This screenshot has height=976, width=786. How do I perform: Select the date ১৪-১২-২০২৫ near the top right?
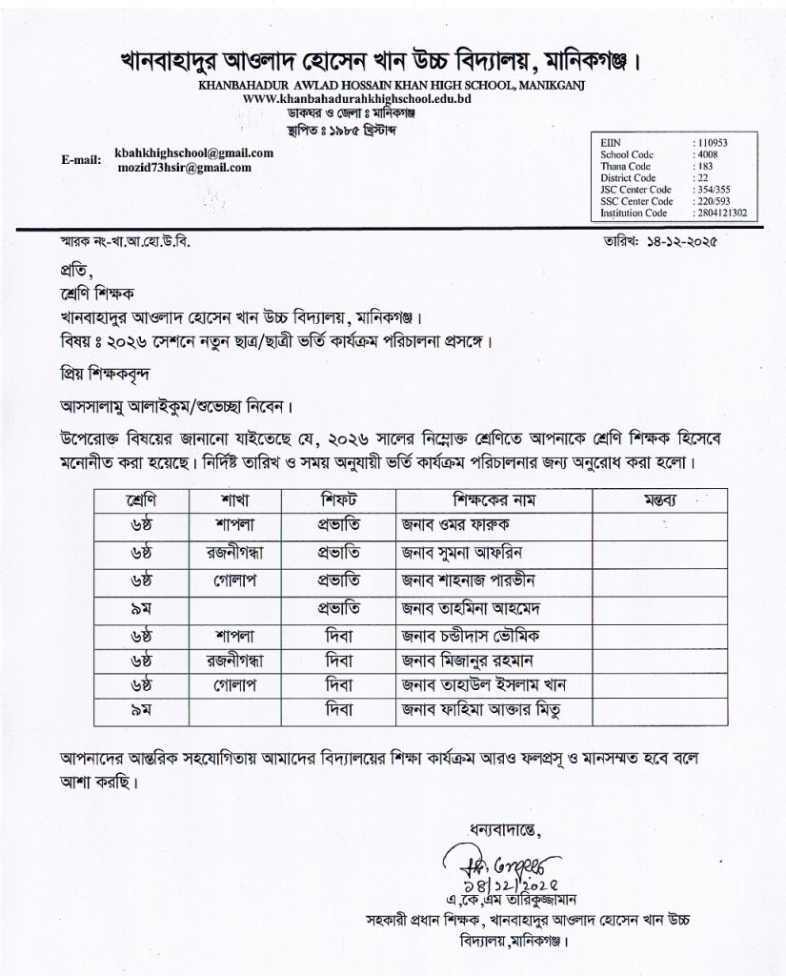(x=678, y=244)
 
